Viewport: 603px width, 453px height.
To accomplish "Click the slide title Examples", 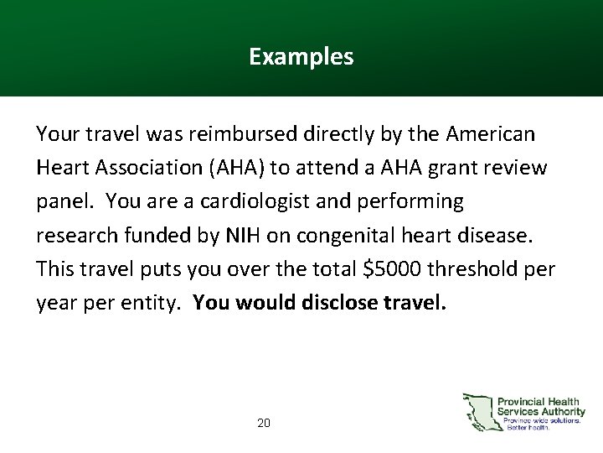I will tap(301, 57).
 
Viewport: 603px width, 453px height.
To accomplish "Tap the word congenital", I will tap(332, 235).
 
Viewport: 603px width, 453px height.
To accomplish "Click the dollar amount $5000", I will tap(394, 268).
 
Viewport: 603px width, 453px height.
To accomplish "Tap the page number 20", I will tap(264, 424).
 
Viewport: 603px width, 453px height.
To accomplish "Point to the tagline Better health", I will tap(528, 428).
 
